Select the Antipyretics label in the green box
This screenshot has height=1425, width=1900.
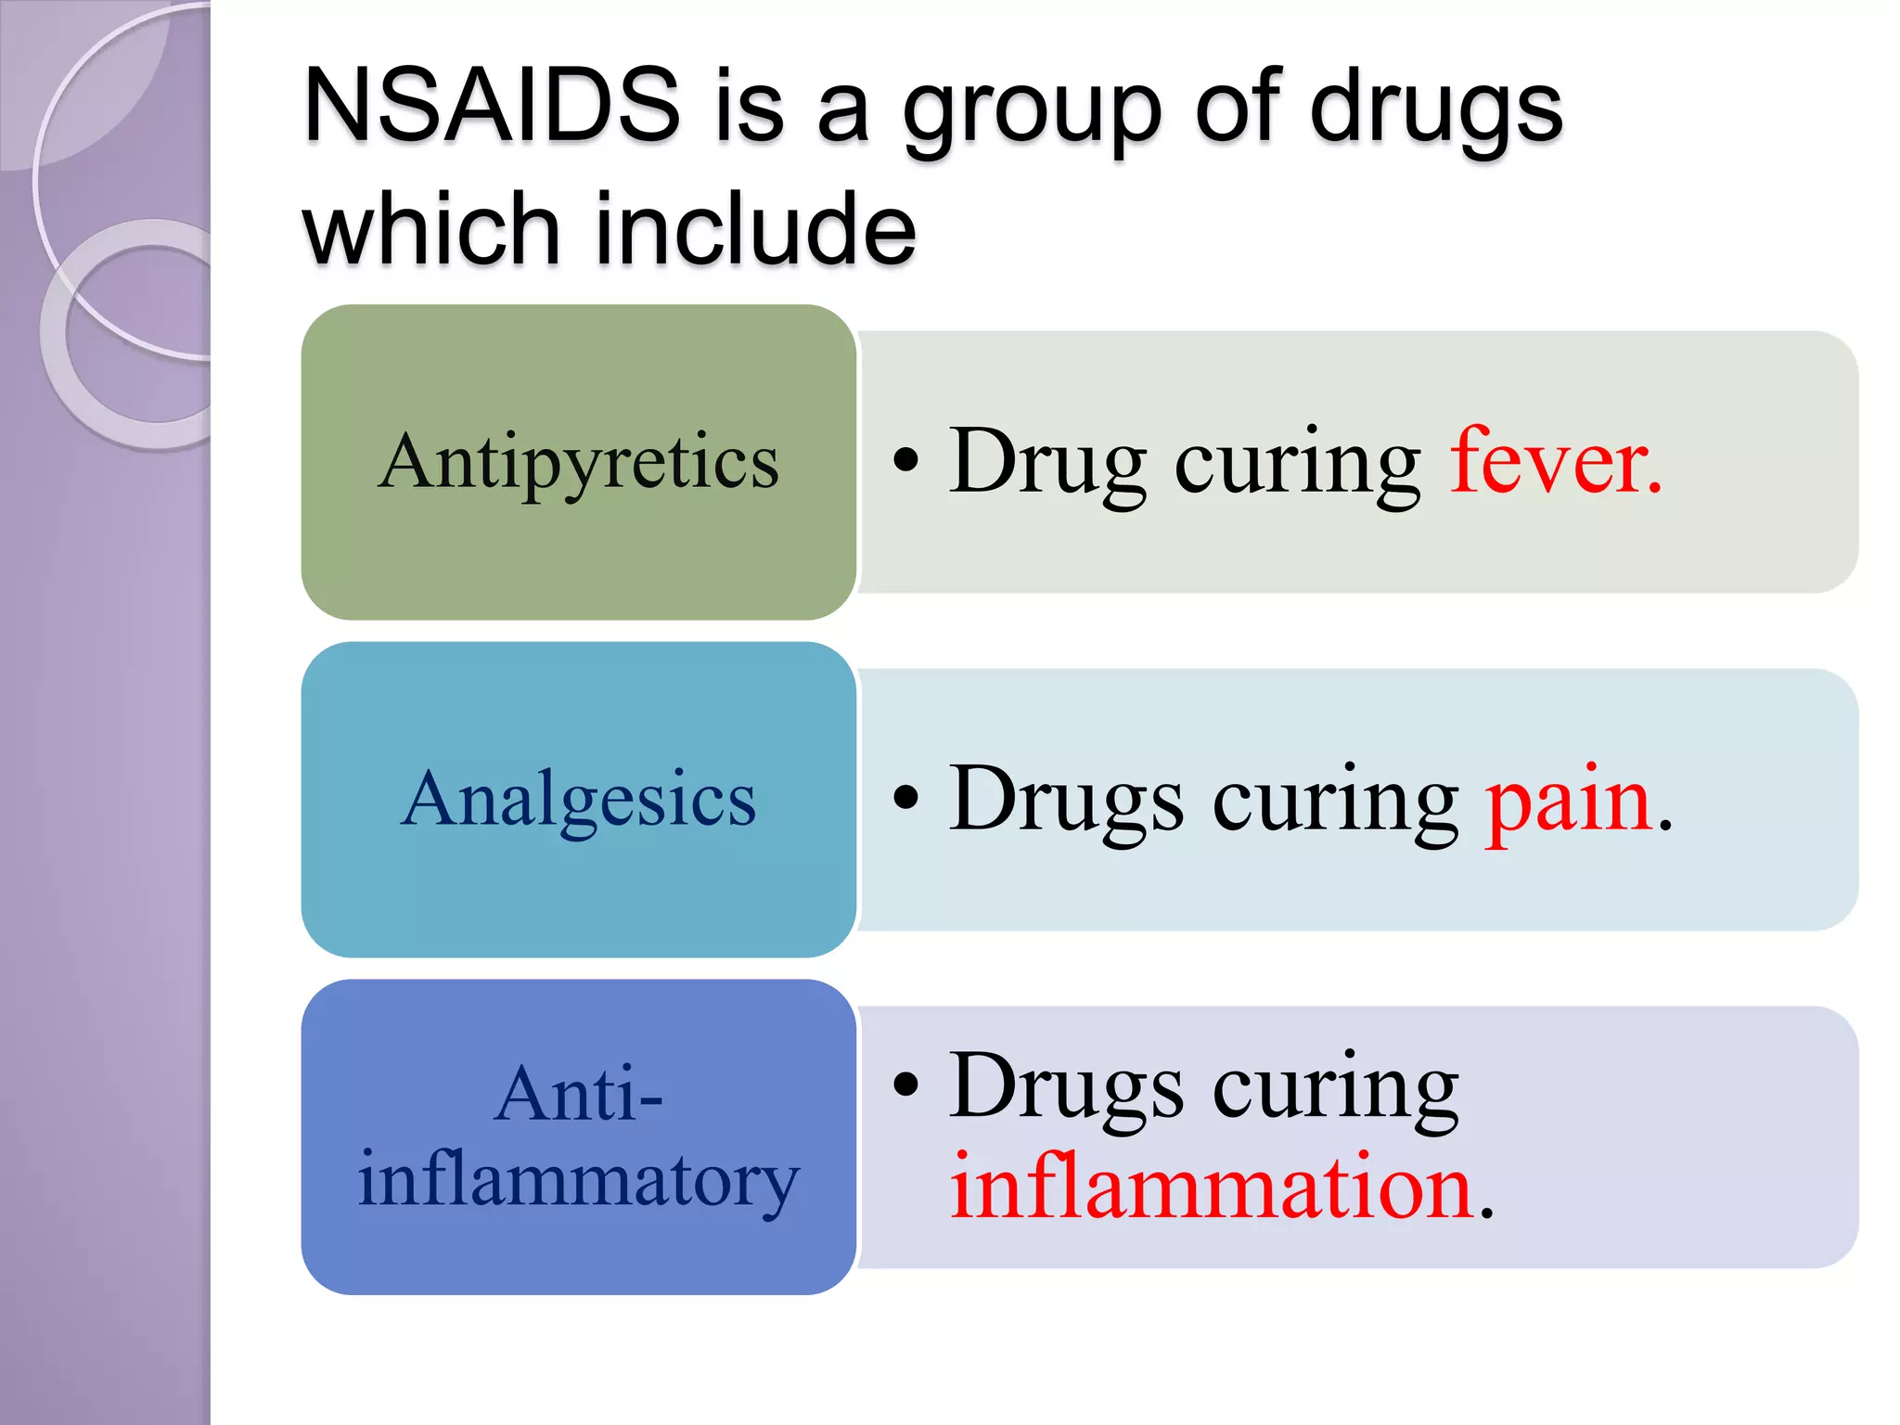click(578, 462)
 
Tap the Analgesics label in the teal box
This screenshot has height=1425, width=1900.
click(578, 800)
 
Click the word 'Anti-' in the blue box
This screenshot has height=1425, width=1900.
click(578, 1095)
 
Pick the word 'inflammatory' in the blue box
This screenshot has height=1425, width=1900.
click(578, 1180)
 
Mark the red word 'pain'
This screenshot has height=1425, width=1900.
click(1568, 800)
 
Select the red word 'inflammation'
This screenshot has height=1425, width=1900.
click(1212, 1187)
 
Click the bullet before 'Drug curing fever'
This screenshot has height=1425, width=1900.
click(905, 460)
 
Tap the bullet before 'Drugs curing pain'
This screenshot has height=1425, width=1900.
click(905, 798)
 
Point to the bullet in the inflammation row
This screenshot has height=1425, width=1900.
click(905, 1084)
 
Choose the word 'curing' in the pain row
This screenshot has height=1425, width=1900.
click(1336, 800)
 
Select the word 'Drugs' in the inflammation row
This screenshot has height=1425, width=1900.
click(1066, 1087)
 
